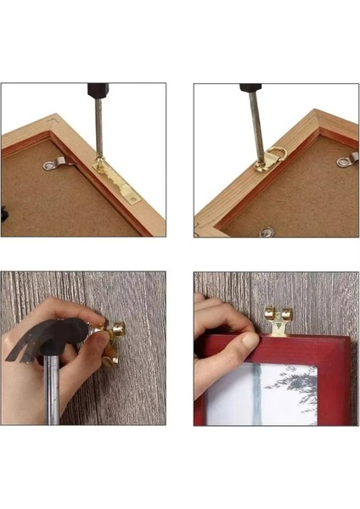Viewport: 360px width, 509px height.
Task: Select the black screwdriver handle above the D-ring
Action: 250,88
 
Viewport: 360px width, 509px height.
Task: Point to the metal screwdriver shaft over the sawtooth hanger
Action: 99,127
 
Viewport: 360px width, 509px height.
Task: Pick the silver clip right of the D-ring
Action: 346,159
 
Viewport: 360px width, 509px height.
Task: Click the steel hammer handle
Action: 51,390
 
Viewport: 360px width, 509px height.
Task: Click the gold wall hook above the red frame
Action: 278,318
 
